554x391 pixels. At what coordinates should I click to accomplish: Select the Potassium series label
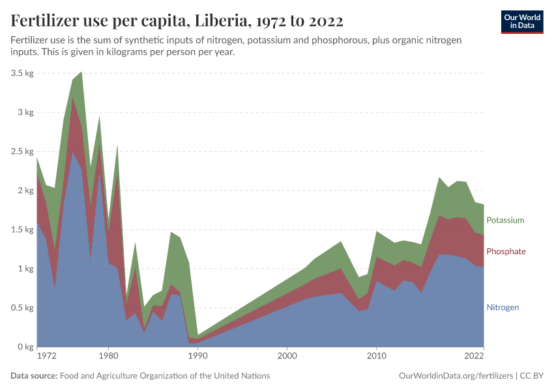click(x=505, y=220)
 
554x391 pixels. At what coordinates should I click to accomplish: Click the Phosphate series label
click(x=506, y=252)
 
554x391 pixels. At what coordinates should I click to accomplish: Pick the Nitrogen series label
click(x=503, y=307)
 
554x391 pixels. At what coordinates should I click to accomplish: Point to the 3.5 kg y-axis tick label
click(x=22, y=73)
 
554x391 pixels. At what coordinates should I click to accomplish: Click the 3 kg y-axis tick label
click(x=25, y=112)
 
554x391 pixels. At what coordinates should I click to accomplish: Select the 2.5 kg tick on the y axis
click(x=22, y=151)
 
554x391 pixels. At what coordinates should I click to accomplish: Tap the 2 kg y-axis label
click(x=25, y=190)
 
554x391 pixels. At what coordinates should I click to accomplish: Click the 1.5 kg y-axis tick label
click(x=22, y=229)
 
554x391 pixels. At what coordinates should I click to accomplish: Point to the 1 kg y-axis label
click(x=25, y=268)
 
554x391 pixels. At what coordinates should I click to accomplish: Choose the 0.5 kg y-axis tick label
click(x=22, y=308)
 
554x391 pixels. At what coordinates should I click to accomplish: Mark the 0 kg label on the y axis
click(x=25, y=347)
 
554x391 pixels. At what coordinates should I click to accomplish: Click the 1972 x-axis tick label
click(x=46, y=356)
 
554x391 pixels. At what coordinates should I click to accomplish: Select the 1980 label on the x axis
click(x=108, y=356)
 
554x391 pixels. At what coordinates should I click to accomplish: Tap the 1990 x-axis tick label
click(x=197, y=356)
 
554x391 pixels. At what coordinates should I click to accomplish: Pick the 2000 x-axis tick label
click(x=287, y=356)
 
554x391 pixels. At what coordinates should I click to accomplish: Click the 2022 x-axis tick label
click(x=474, y=356)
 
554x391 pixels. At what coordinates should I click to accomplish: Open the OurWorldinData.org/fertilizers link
click(x=455, y=376)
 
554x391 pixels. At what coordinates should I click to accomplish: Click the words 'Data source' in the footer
click(x=34, y=376)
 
